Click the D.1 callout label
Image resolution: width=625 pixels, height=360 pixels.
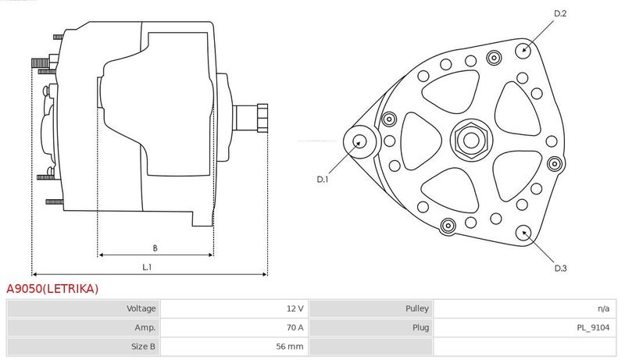322,179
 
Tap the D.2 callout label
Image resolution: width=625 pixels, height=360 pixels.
560,13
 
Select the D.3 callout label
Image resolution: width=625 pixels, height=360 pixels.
560,268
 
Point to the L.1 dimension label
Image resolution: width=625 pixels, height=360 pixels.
147,267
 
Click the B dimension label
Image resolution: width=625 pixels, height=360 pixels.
155,248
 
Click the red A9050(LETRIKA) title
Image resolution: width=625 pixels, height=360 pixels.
52,288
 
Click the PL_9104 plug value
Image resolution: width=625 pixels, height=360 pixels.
593,328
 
